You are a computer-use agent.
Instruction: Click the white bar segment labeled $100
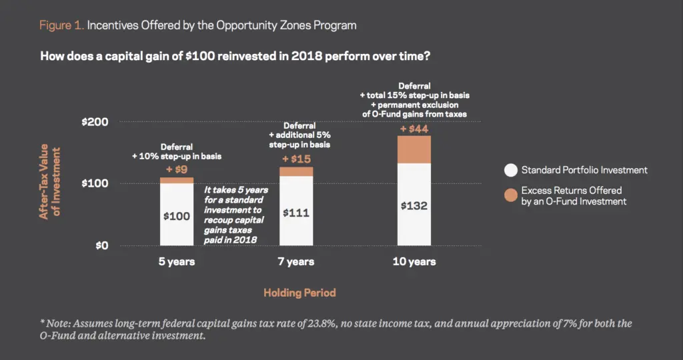pos(176,214)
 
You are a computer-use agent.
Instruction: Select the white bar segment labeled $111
pos(296,211)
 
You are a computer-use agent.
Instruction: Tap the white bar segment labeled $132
pos(414,205)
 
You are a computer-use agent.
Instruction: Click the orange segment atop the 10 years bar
pos(414,150)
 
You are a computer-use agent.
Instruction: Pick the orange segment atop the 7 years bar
pos(296,171)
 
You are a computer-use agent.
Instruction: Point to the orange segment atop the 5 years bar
pos(176,180)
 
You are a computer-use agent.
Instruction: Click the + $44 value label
pos(414,129)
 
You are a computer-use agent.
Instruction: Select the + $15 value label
pos(296,159)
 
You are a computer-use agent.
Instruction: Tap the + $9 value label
pos(176,169)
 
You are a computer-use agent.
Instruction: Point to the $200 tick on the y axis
pos(95,122)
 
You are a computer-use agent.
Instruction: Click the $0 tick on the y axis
pos(102,245)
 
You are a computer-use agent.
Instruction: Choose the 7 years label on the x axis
pos(296,261)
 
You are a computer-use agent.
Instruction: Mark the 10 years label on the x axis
pos(414,261)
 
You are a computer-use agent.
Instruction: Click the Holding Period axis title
pos(299,293)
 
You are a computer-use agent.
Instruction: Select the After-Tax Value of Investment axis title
pos(49,181)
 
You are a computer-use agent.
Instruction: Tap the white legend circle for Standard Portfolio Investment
pos(511,170)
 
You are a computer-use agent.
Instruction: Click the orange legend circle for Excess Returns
pos(511,195)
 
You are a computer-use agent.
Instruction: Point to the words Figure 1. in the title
pos(61,25)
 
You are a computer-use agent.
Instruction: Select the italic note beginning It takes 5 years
pos(235,215)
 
